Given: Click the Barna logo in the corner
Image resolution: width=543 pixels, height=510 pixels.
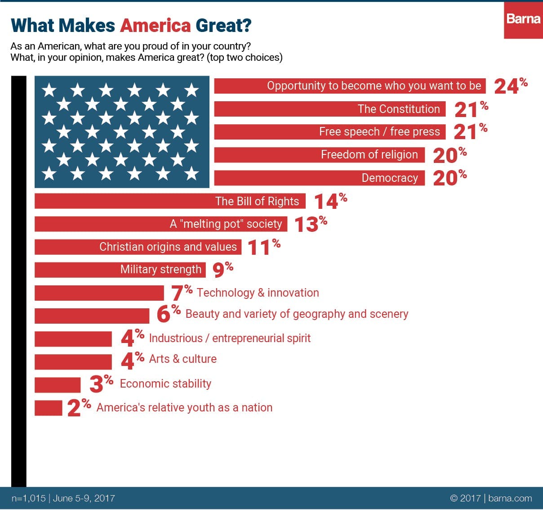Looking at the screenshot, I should click(x=523, y=20).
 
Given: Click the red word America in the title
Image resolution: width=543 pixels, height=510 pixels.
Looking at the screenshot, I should click(x=156, y=26).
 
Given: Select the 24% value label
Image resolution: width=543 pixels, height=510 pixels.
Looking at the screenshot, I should click(x=510, y=86).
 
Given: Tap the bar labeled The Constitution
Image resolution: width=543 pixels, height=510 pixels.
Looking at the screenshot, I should click(x=329, y=109).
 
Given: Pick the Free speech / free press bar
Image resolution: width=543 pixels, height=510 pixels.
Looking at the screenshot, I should click(x=329, y=132).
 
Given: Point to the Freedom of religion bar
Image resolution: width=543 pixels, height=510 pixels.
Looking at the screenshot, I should click(x=319, y=155).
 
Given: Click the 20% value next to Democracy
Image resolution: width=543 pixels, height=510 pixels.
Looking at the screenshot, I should click(x=449, y=178).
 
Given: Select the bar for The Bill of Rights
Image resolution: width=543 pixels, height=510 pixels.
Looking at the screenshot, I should click(x=170, y=201).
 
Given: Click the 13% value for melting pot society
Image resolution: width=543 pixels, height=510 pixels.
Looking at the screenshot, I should click(x=310, y=224).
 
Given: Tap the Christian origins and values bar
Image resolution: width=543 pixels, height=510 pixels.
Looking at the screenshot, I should click(x=138, y=247).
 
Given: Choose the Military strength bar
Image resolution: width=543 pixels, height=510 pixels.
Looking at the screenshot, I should click(x=120, y=270).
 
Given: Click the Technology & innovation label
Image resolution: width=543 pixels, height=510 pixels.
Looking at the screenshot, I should click(x=258, y=293).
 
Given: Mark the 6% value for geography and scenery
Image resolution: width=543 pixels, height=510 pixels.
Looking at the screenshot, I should click(x=168, y=314).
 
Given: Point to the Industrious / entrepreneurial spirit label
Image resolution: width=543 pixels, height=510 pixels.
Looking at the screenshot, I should click(x=230, y=338).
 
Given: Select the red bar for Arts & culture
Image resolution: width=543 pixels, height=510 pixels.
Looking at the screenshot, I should click(x=73, y=361).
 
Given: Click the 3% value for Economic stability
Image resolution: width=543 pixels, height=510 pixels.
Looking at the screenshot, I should click(x=101, y=384).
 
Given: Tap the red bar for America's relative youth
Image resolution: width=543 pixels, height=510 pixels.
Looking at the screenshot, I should click(x=49, y=408).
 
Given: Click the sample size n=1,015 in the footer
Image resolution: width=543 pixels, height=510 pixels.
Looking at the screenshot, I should click(x=29, y=498).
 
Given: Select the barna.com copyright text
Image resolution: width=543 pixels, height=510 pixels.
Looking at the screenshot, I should click(x=491, y=498).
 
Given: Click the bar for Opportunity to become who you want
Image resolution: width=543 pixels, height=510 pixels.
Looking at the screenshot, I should click(x=350, y=86).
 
